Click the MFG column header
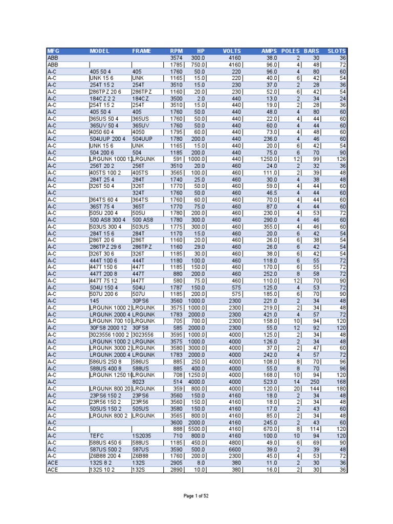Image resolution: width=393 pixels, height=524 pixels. pos(53,51)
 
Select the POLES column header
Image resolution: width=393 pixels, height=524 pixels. pos(291,51)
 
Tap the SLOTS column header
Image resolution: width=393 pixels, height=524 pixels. pos(337,51)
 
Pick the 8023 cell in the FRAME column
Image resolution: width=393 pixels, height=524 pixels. pos(139,382)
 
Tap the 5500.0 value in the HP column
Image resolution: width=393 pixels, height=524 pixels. pos(195,428)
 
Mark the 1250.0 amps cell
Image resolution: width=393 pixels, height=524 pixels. pos(268,159)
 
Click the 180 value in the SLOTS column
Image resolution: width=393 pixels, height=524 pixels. pos(340,388)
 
